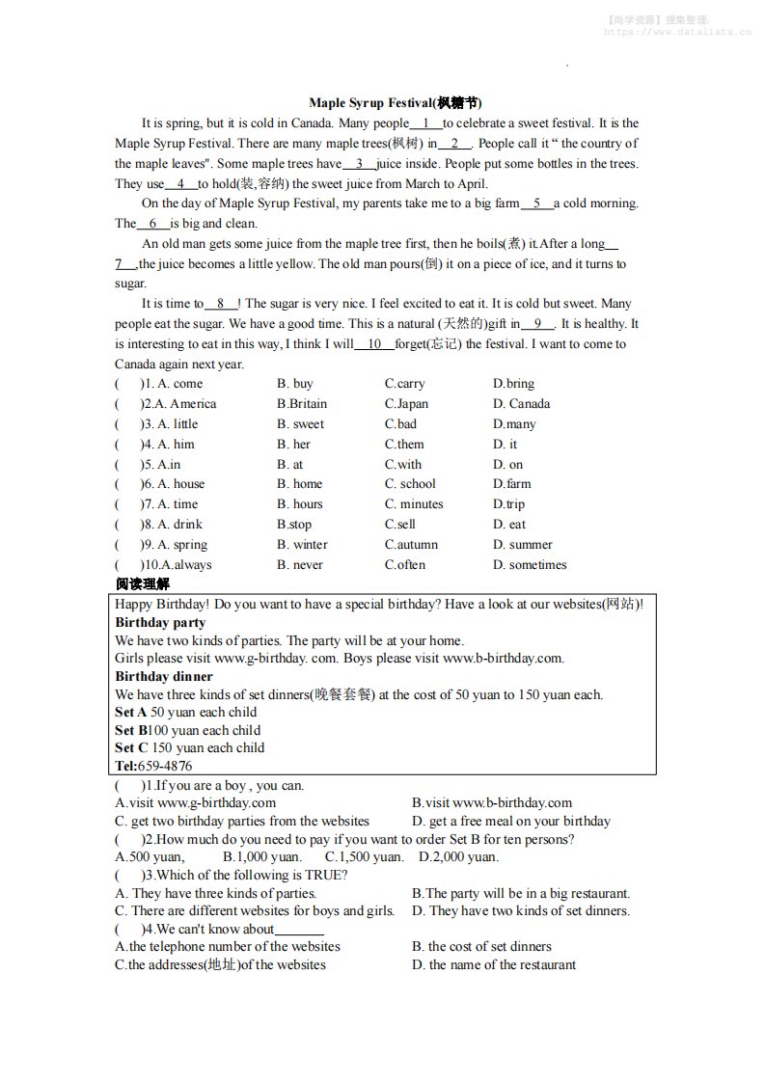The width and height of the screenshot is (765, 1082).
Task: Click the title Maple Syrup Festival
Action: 395,102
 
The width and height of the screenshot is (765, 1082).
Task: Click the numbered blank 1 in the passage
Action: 425,123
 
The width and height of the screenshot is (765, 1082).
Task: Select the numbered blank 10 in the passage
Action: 375,344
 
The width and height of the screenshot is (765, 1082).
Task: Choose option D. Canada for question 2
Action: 521,404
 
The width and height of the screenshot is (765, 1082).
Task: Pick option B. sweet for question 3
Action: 300,424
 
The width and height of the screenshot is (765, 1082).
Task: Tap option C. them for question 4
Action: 404,445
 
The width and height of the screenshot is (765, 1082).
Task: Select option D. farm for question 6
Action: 512,484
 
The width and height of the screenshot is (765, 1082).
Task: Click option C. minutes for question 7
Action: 414,504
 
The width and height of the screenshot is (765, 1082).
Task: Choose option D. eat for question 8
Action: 509,525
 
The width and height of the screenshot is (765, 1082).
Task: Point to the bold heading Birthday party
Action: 160,623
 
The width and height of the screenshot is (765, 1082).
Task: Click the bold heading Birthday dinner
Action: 163,677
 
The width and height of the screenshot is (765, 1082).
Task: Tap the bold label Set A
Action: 131,713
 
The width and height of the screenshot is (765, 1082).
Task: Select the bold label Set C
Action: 131,748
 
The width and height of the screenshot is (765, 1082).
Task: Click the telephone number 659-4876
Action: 165,767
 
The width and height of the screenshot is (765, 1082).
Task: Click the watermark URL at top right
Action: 677,32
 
